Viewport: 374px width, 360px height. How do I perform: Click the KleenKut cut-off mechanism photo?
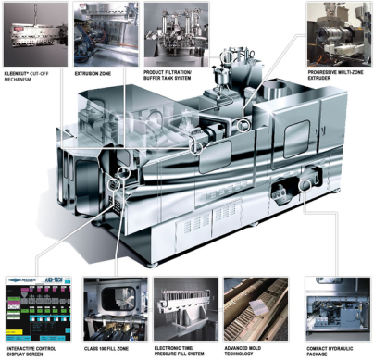tap(35, 34)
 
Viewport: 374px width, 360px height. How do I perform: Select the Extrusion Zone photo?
tap(106, 34)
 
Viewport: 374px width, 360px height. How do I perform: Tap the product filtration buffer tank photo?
tap(176, 34)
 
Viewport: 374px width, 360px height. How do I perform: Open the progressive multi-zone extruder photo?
tap(340, 34)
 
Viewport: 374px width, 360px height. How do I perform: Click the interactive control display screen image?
tap(39, 309)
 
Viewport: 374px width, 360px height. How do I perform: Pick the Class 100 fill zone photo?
tap(116, 309)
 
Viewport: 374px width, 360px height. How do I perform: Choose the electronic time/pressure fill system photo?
tap(186, 309)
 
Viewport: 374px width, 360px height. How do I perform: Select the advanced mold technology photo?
tap(256, 309)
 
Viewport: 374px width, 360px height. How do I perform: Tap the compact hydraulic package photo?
tap(338, 309)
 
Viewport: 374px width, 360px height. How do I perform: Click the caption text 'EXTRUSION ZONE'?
tap(93, 74)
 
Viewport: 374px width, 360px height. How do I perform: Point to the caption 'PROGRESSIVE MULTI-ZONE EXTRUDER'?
tap(335, 75)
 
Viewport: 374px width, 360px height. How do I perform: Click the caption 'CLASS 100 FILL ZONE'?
tap(106, 349)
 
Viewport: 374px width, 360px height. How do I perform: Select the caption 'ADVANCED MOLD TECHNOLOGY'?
tap(243, 351)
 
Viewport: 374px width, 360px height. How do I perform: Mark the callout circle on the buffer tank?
tap(226, 56)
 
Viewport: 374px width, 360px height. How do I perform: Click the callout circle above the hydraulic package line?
tap(305, 185)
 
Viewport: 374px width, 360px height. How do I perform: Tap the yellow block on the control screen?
tap(14, 332)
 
